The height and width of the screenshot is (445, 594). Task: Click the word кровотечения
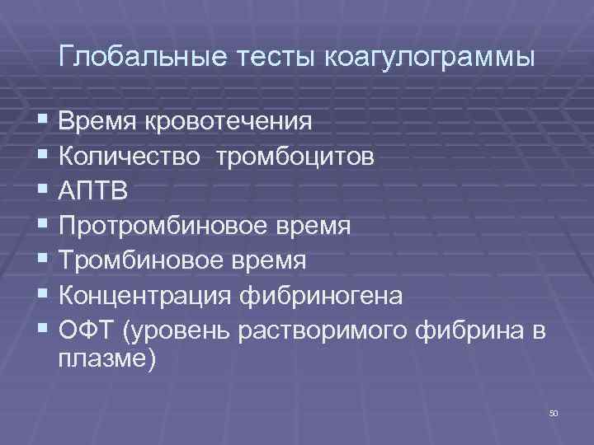click(229, 122)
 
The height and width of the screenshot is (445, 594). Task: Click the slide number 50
click(553, 412)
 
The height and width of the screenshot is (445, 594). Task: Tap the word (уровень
click(177, 330)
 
